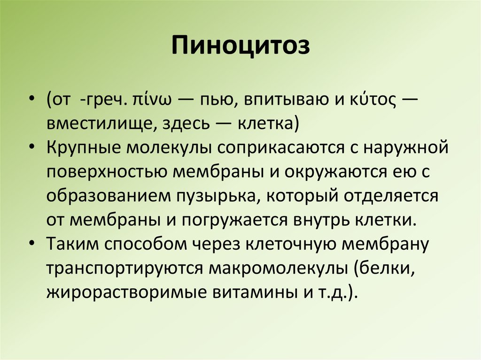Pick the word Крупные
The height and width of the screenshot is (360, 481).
(x=83, y=148)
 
